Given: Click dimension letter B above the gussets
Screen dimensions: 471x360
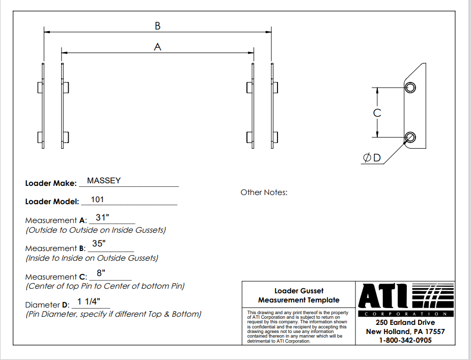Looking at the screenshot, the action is [x=158, y=26].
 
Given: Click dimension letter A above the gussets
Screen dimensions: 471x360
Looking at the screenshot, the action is [x=157, y=47].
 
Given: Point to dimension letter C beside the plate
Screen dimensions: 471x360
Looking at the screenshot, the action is [x=377, y=113].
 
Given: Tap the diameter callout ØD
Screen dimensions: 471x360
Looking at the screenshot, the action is [x=372, y=157].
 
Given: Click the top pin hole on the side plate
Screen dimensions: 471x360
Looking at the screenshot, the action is [x=410, y=88].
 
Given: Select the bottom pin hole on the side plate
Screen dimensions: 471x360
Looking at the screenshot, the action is [x=410, y=137].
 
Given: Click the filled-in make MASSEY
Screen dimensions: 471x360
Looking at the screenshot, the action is [x=104, y=181].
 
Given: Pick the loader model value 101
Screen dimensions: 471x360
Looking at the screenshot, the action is [x=97, y=200].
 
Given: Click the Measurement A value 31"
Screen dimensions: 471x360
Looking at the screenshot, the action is [x=102, y=217].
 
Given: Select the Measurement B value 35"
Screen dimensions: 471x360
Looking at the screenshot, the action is [x=99, y=243].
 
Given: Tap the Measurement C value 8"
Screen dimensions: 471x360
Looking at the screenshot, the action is [x=101, y=273].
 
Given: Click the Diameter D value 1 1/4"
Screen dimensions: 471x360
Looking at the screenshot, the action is [x=89, y=301].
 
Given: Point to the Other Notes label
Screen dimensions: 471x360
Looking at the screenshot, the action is [x=264, y=192].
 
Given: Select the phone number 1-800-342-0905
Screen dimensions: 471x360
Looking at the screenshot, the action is [x=405, y=341].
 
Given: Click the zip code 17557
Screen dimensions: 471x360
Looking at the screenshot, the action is [x=435, y=331].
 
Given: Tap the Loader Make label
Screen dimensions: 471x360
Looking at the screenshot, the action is [x=51, y=183].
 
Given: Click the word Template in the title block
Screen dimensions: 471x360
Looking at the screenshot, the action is [x=324, y=300].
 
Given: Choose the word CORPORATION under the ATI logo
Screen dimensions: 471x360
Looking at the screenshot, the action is [x=405, y=314].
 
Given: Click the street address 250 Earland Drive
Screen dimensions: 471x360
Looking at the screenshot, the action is [x=405, y=322].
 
